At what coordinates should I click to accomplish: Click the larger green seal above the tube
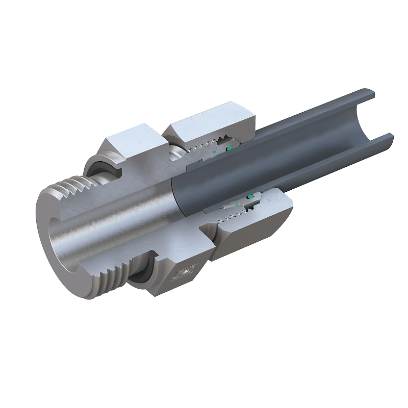(x=229, y=148)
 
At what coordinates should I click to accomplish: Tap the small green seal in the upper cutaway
(x=215, y=151)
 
